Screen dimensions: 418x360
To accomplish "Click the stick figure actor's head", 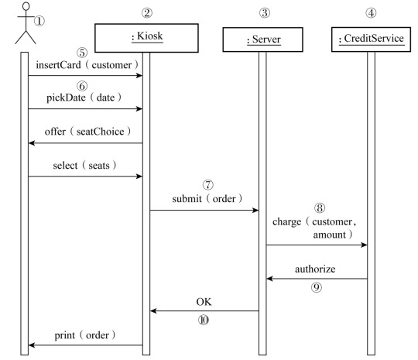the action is [x=26, y=6].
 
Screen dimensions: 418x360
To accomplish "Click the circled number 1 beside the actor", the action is [x=39, y=21].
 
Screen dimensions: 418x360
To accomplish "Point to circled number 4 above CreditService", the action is [x=371, y=12].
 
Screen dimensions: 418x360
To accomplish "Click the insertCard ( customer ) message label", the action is [x=87, y=65].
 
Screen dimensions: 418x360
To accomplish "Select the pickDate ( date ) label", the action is [x=84, y=98].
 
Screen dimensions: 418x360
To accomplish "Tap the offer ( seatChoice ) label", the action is [x=87, y=132].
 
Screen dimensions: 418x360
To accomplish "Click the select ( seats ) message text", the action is [x=84, y=166].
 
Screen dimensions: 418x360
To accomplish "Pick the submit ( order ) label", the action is [x=207, y=199].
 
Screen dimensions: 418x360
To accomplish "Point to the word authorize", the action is [x=315, y=269].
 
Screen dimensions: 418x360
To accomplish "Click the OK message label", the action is [x=204, y=302].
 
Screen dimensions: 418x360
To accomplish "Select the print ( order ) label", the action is [x=85, y=335].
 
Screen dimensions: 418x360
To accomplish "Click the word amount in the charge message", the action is [x=329, y=235].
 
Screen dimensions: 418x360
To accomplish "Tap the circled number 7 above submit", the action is [x=208, y=185].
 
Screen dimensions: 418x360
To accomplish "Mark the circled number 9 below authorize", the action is [x=317, y=287].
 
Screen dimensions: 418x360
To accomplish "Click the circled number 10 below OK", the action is [x=204, y=320].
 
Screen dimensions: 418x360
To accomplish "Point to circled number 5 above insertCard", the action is [x=82, y=53].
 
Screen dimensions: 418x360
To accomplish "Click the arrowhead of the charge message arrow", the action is [x=364, y=245].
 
